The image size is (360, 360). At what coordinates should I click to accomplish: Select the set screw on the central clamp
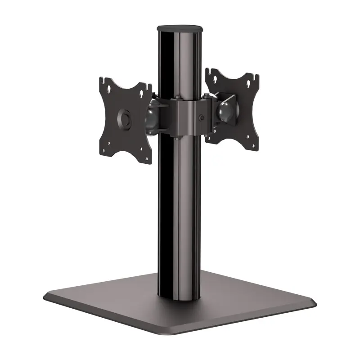(x=201, y=119)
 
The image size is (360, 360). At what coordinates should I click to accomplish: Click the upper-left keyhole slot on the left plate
(x=108, y=88)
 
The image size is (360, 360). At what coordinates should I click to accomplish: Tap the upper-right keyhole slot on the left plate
(x=144, y=93)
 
